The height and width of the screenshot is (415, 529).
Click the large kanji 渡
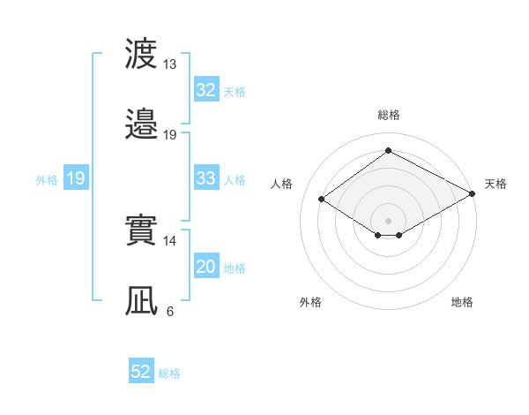pos(141,53)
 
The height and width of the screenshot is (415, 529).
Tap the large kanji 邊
pos(141,124)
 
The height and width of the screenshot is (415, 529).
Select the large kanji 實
pos(141,230)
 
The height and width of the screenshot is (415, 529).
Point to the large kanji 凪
pos(141,300)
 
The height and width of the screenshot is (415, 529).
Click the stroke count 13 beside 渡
pos(169,64)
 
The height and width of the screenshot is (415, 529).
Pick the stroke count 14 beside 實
pos(169,241)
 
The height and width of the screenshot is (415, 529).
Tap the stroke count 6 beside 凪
pos(170,312)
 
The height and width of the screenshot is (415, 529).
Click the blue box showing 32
pos(206,89)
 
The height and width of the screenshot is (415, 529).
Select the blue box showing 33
pos(206,177)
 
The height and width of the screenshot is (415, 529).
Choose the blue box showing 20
pos(206,265)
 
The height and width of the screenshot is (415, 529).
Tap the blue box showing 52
pos(141,370)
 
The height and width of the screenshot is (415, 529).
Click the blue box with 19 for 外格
pos(76,177)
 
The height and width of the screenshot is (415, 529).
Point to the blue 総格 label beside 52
pos(169,373)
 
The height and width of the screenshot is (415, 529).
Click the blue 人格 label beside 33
pos(235,180)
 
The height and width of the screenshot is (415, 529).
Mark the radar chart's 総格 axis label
pos(389,115)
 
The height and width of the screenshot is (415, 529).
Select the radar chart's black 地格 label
pos(462,302)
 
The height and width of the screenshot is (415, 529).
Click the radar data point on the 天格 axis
pos(473,193)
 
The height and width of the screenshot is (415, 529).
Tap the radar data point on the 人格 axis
pos(322,200)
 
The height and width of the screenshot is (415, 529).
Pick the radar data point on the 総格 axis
pos(388,150)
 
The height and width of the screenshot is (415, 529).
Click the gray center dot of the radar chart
pos(388,221)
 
